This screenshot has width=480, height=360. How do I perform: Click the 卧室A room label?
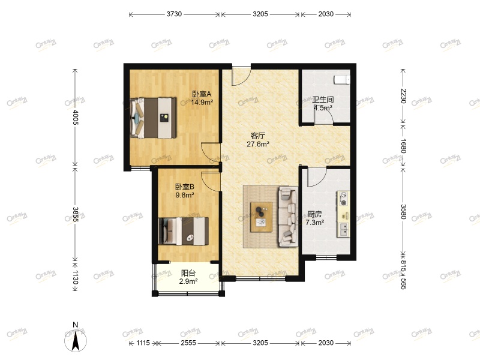(201, 94)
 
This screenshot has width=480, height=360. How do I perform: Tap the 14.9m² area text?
(202, 102)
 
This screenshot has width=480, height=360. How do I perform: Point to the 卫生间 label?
(323, 100)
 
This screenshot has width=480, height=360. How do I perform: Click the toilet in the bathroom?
(342, 79)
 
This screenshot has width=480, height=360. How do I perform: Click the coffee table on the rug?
(262, 216)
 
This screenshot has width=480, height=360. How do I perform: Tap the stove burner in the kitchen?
(344, 200)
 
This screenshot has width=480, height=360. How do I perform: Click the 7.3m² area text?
(315, 222)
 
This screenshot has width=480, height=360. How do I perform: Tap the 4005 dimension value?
(75, 116)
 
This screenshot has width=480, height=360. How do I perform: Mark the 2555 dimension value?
(188, 343)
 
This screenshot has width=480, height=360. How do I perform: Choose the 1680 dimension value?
(404, 146)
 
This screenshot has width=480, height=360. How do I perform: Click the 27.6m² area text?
(259, 144)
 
